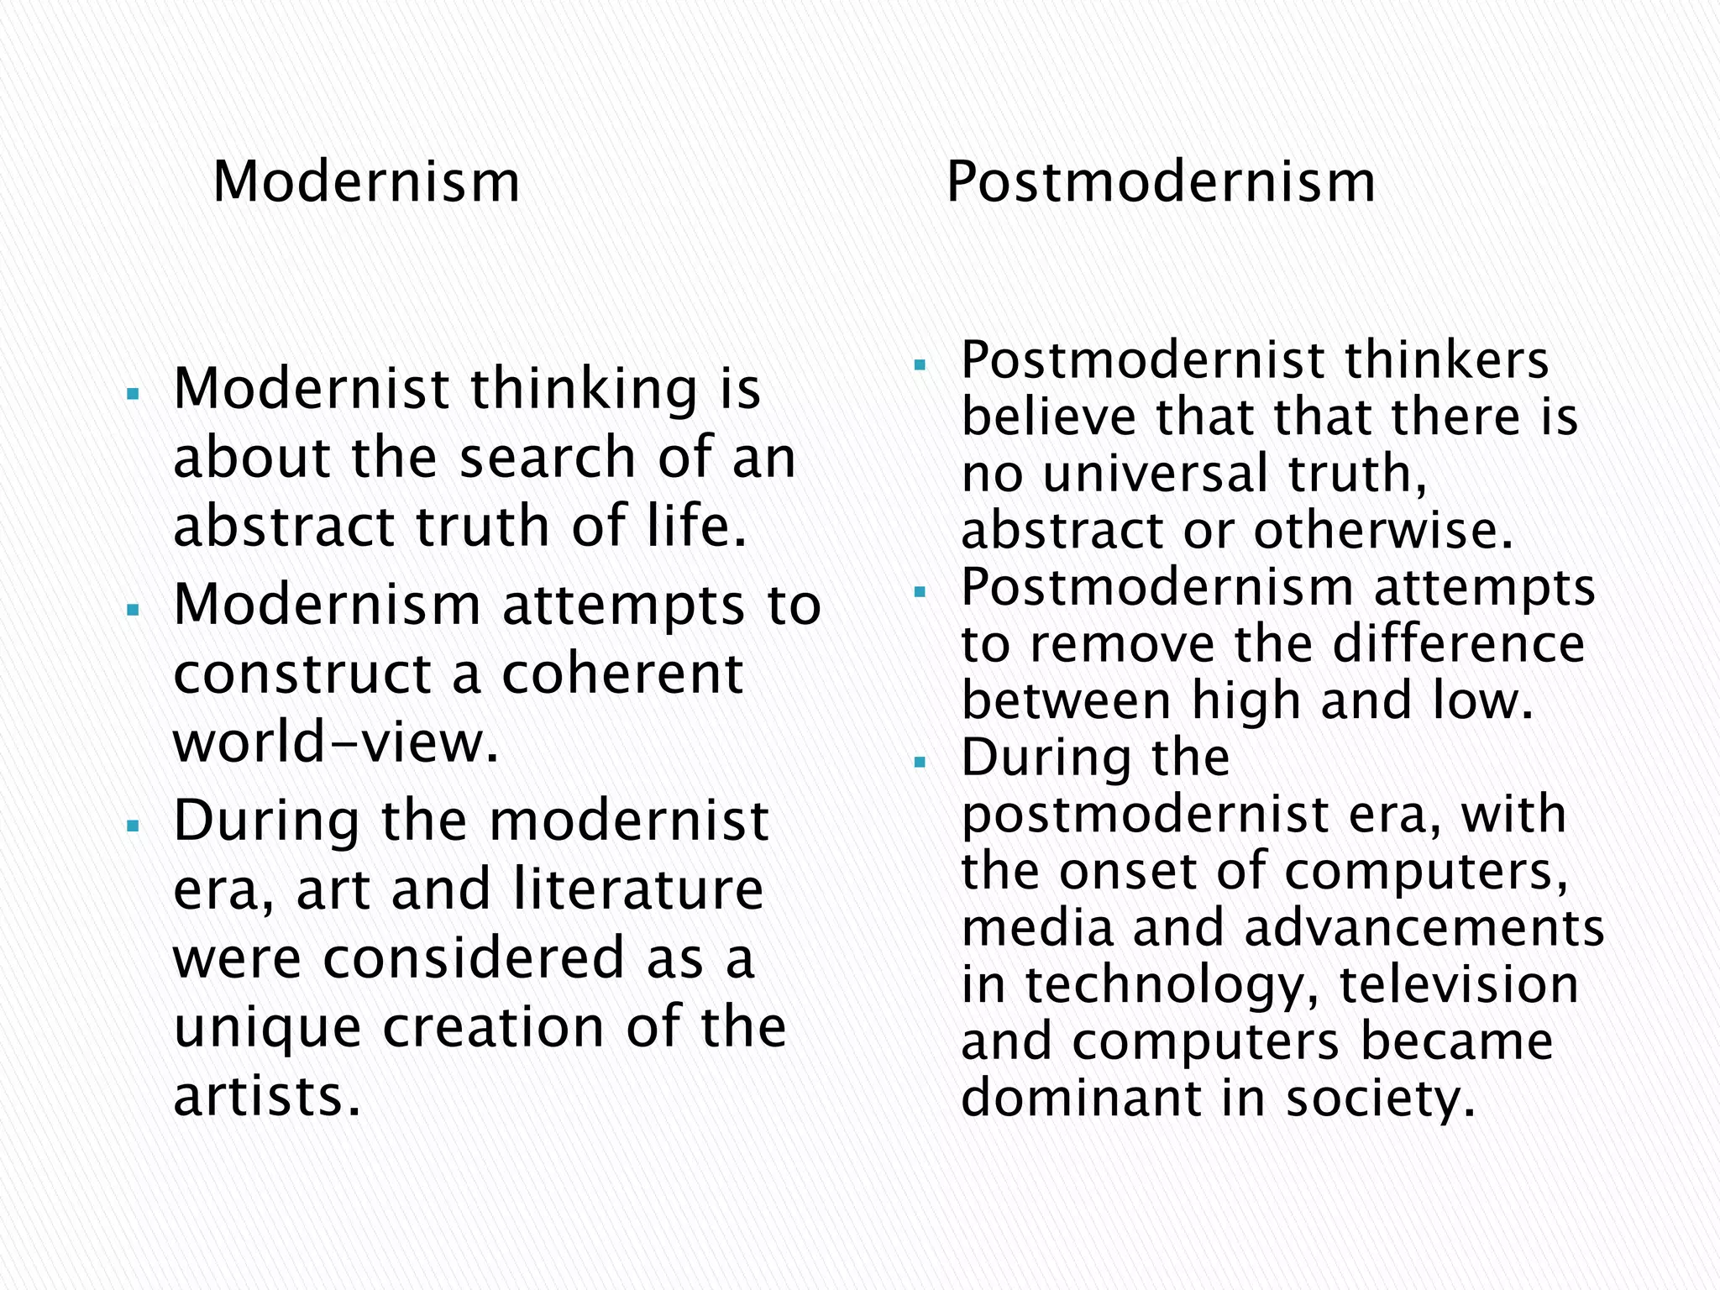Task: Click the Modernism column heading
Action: pyautogui.click(x=366, y=182)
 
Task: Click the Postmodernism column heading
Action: pyautogui.click(x=1161, y=182)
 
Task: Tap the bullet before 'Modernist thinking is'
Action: pyautogui.click(x=132, y=393)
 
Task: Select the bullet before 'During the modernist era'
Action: pyautogui.click(x=132, y=826)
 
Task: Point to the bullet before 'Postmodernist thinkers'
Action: pyautogui.click(x=920, y=365)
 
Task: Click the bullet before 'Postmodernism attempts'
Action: pyautogui.click(x=920, y=592)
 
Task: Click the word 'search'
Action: pyautogui.click(x=548, y=459)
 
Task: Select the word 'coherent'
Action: pyautogui.click(x=622, y=674)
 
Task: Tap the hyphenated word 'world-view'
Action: pyautogui.click(x=336, y=743)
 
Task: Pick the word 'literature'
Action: pyautogui.click(x=638, y=889)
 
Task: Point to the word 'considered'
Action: pyautogui.click(x=474, y=958)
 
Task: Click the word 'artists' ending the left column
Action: pyautogui.click(x=267, y=1096)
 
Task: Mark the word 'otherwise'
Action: pyautogui.click(x=1383, y=530)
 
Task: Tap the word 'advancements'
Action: pyautogui.click(x=1424, y=927)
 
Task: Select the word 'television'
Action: pyautogui.click(x=1458, y=984)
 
